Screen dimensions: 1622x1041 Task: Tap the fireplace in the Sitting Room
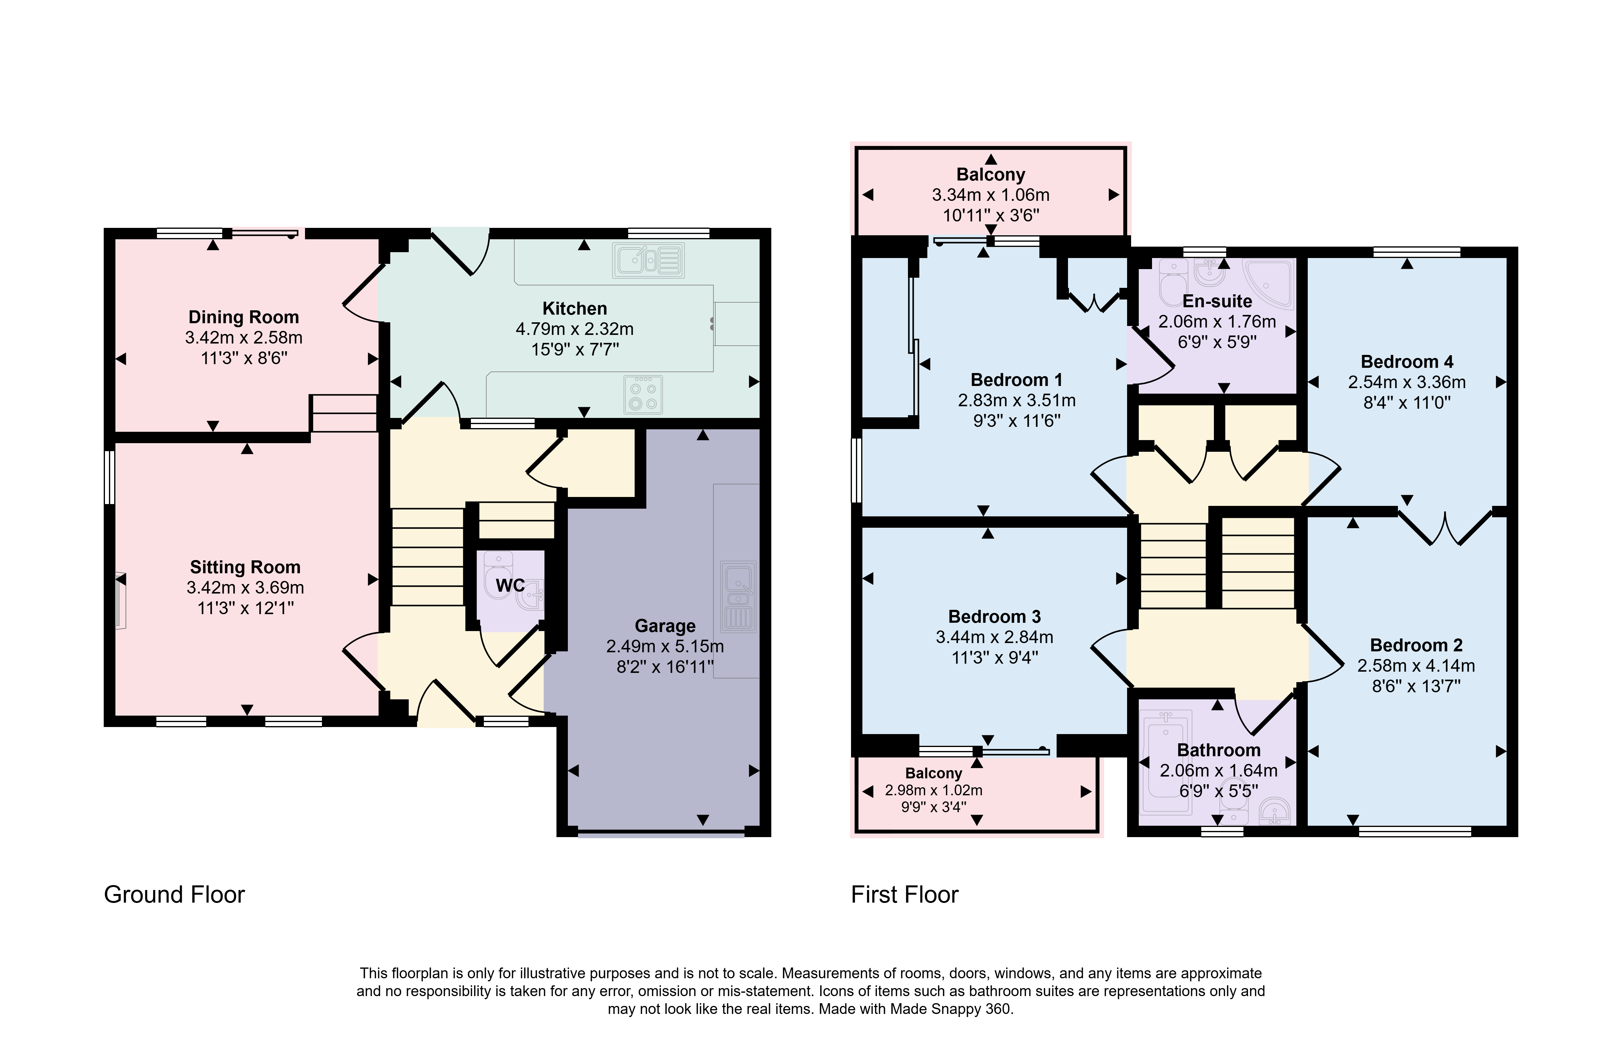120,601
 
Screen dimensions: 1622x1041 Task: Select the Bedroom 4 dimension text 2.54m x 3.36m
1407,382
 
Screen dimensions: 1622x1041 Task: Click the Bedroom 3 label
994,617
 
